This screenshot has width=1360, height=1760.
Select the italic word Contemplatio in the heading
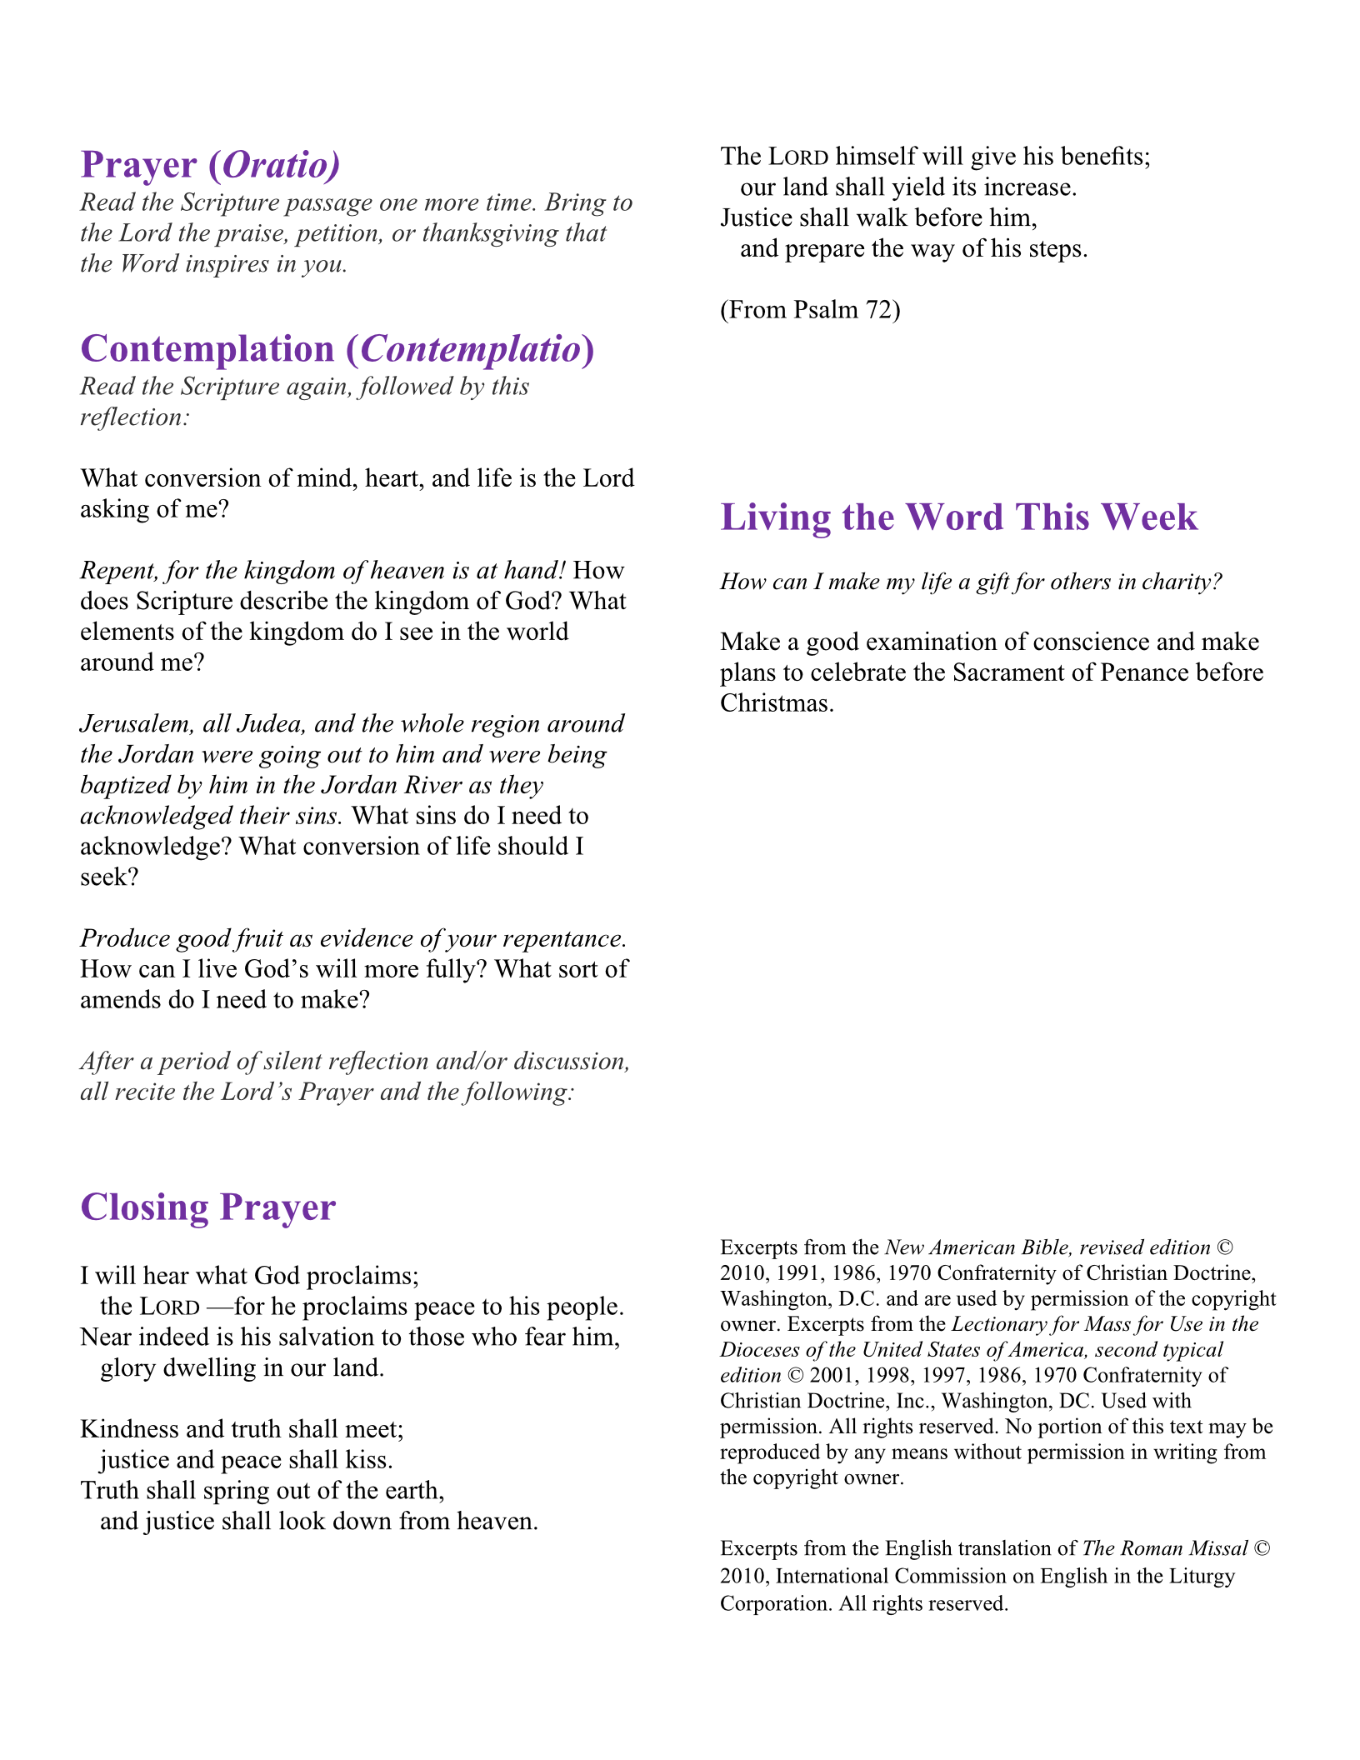(x=471, y=349)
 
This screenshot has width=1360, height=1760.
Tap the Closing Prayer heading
(x=207, y=1207)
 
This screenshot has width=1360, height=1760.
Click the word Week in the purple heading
(x=1150, y=517)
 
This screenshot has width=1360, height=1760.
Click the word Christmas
(x=776, y=703)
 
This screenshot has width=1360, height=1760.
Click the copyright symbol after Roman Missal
(x=1262, y=1548)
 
